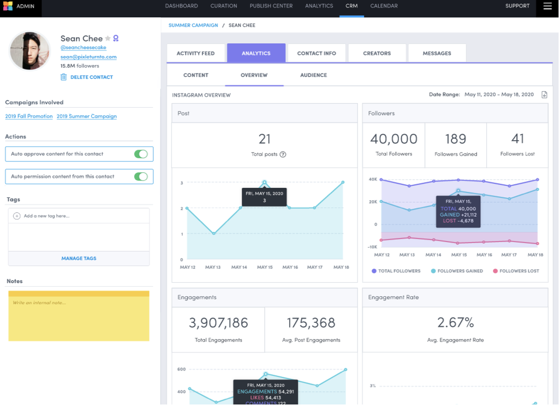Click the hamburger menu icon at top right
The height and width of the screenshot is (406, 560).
point(548,6)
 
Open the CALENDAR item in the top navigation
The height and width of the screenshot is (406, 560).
point(384,6)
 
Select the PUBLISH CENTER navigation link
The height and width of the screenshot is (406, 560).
point(271,6)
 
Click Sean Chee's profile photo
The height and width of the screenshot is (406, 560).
point(30,51)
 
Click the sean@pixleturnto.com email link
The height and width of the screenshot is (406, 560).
point(88,57)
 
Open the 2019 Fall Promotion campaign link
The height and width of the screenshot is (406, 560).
point(29,116)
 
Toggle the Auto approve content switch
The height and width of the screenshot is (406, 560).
point(141,154)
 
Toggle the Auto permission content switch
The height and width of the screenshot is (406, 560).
point(141,176)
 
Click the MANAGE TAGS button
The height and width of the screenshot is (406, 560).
point(79,258)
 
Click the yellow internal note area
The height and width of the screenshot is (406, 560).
point(79,316)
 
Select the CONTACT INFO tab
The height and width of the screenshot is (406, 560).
point(316,53)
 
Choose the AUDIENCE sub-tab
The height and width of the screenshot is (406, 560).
point(314,75)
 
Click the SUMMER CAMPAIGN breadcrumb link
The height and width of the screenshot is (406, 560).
point(193,25)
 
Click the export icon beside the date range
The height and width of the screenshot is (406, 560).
point(544,95)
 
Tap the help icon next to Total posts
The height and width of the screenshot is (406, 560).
point(283,154)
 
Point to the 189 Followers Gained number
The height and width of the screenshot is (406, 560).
point(455,139)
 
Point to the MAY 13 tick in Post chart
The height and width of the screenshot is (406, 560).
point(213,267)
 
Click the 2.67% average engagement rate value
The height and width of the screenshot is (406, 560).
point(455,323)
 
